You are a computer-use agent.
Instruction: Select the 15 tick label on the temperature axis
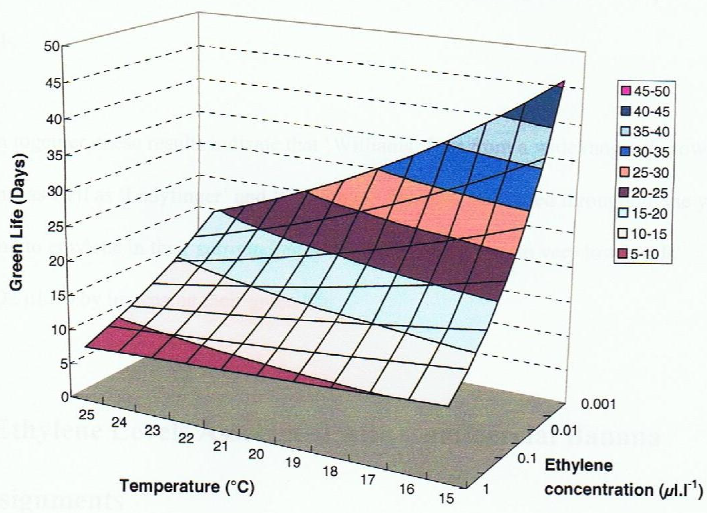coord(446,499)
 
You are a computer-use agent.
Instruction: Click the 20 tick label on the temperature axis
coord(256,454)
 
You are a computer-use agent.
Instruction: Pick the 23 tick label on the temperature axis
coord(153,430)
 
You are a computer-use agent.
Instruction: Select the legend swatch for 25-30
coord(625,173)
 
